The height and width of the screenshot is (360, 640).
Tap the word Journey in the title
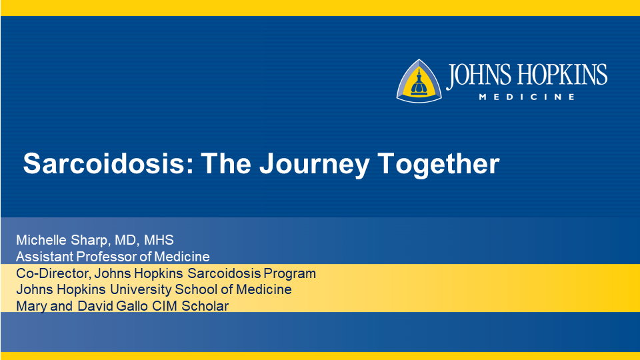pyautogui.click(x=314, y=165)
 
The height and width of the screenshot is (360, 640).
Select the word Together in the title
pyautogui.click(x=439, y=165)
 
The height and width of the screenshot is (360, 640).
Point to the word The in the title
pyautogui.click(x=226, y=163)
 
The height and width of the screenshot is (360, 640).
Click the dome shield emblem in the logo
pyautogui.click(x=419, y=81)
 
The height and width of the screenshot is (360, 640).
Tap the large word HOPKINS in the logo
pyautogui.click(x=563, y=75)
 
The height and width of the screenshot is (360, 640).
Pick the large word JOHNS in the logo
pyautogui.click(x=479, y=76)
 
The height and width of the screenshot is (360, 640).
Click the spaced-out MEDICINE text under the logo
pyautogui.click(x=527, y=97)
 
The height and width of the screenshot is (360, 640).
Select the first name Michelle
pyautogui.click(x=42, y=240)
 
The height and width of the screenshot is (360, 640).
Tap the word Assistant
pyautogui.click(x=45, y=257)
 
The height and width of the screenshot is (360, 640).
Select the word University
pyautogui.click(x=141, y=290)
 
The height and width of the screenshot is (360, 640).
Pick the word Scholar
pyautogui.click(x=205, y=306)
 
